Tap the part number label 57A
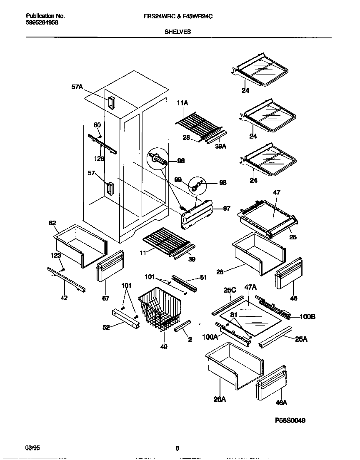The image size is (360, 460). [x=77, y=87]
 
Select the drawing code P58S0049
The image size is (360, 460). [x=290, y=420]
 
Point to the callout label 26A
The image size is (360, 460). [x=220, y=399]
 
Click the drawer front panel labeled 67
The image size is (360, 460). [x=110, y=266]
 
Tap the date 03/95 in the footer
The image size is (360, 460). [x=33, y=448]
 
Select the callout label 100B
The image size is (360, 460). [x=307, y=317]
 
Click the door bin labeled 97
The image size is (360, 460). [x=197, y=213]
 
